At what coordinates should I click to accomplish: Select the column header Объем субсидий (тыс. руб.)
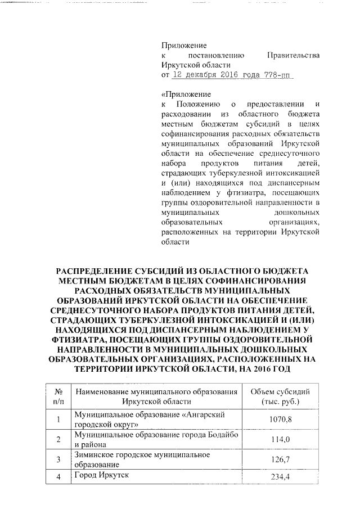[280, 397]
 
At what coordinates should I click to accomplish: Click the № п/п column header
[58, 397]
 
